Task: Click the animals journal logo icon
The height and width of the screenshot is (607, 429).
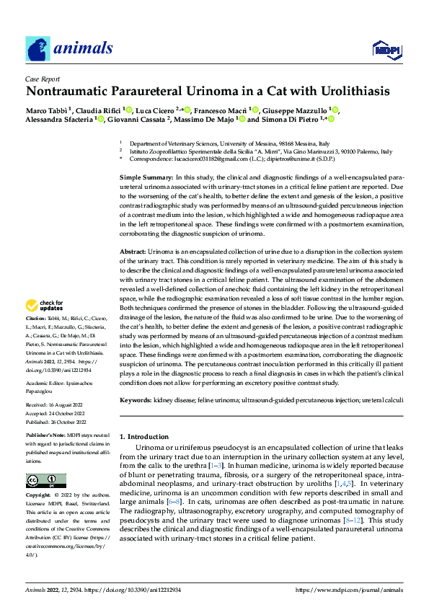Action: pos(38,49)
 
